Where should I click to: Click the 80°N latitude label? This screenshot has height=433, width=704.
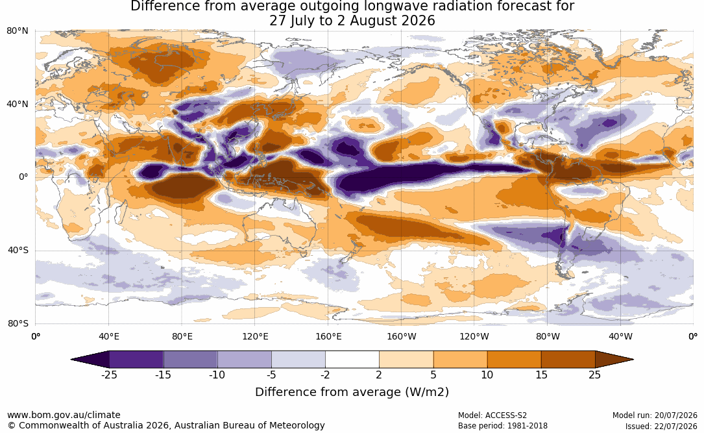point(17,31)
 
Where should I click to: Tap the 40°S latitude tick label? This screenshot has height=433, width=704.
point(18,250)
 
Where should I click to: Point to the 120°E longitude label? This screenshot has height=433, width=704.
point(255,336)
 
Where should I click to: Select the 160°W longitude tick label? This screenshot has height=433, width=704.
point(402,336)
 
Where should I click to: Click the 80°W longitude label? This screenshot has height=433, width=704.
point(548,336)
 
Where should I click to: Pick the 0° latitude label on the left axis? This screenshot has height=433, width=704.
point(23,177)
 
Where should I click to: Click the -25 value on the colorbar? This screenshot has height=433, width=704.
point(109,375)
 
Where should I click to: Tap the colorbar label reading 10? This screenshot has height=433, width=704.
point(487,375)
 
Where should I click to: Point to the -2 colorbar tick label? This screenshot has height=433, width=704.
point(325,375)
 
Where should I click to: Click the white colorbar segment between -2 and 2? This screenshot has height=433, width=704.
point(352,360)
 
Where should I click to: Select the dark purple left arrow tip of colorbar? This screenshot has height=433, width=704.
point(90,360)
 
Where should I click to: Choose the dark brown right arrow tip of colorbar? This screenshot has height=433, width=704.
point(614,360)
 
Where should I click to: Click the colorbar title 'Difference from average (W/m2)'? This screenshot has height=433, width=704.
point(352,391)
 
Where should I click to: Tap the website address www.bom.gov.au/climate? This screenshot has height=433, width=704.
point(64,415)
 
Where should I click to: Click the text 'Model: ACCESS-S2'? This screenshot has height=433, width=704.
point(492,415)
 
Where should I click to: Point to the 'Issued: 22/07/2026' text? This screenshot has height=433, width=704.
point(661,426)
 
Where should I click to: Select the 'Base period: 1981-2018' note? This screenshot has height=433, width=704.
point(502,426)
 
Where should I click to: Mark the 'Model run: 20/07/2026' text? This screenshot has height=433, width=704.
point(655,415)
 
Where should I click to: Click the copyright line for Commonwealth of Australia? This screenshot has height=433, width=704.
point(165,425)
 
